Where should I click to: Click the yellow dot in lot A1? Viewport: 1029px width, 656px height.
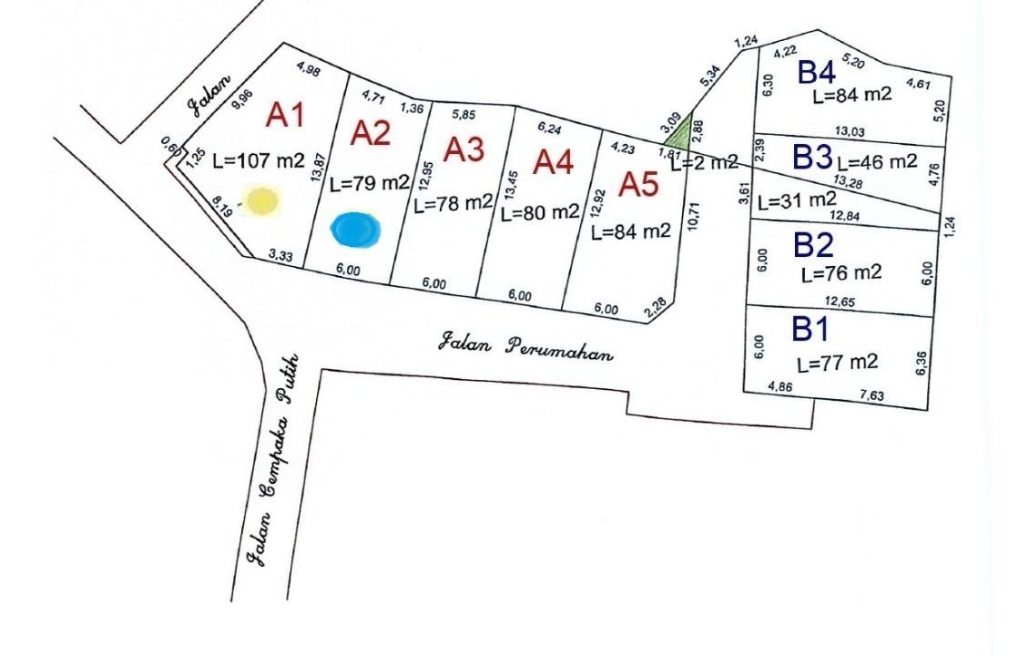262,201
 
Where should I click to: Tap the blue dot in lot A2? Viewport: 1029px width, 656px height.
355,229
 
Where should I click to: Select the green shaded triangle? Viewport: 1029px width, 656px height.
680,133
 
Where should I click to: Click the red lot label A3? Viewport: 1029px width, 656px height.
464,149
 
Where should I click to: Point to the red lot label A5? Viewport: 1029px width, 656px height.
639,184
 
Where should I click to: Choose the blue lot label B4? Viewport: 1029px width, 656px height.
817,72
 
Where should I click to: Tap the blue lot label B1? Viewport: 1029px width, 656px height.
810,328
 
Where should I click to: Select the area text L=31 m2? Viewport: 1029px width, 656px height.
798,200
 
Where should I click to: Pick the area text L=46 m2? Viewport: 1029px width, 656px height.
877,161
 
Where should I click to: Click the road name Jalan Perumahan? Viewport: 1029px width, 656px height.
525,348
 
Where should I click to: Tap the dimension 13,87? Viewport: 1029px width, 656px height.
319,167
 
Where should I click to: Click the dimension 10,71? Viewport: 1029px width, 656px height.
694,216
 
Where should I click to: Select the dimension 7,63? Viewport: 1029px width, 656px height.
871,394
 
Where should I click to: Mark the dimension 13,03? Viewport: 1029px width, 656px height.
850,131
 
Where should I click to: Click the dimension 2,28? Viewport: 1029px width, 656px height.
656,309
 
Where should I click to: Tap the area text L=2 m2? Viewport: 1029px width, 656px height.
704,162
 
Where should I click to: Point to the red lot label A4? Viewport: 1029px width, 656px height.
554,161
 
